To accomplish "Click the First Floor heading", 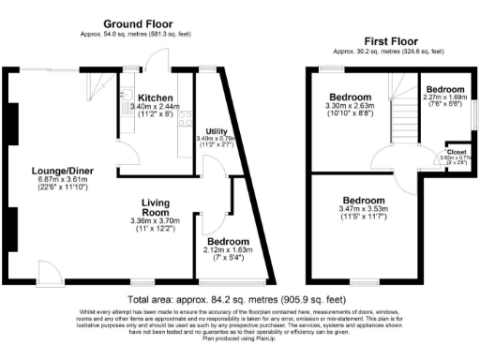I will point(390,41).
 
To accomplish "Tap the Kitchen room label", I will point(153,97).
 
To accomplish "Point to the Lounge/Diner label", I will point(55,170).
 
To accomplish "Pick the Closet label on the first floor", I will point(457,151).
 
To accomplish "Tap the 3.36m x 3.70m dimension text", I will point(155,221).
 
